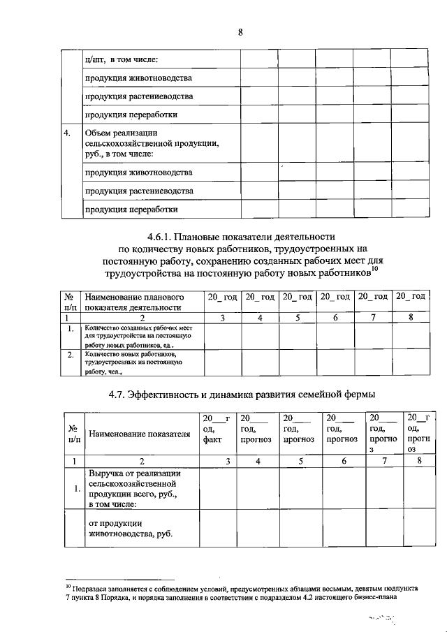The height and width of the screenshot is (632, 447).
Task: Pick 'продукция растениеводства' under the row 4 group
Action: [139, 191]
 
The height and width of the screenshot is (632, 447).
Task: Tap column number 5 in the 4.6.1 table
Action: [297, 318]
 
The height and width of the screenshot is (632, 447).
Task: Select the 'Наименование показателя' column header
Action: [140, 434]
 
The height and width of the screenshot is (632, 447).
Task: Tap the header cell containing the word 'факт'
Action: [212, 440]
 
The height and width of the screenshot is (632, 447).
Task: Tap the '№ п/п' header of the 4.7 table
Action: [72, 434]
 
